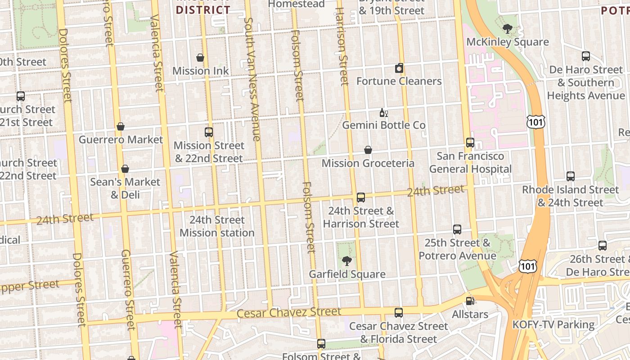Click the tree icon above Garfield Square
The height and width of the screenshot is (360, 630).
(346, 261)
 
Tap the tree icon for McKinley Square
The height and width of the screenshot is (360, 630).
(508, 29)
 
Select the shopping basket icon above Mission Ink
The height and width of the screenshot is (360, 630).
(200, 58)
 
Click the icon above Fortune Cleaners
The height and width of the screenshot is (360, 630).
(399, 68)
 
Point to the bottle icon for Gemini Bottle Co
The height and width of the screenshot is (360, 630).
(383, 112)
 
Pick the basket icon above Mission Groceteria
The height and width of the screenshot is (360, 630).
(368, 150)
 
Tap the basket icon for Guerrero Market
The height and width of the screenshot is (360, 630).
(120, 127)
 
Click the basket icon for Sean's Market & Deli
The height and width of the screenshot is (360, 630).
(125, 169)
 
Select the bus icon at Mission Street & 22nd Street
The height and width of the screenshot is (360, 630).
(208, 132)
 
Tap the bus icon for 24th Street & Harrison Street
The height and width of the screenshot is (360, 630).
(360, 198)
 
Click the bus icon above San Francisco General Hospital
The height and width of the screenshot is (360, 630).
(470, 143)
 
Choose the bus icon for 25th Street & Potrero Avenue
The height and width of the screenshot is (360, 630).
(457, 229)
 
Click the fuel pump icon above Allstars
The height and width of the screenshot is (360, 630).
(470, 301)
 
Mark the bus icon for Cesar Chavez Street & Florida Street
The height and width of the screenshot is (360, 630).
(398, 313)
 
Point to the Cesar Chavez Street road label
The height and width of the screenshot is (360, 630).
(288, 312)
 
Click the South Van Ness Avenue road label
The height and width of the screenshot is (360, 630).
(252, 79)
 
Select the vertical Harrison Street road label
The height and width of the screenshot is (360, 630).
(342, 46)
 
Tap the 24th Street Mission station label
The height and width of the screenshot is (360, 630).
(217, 226)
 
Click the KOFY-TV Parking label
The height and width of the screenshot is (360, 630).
(553, 324)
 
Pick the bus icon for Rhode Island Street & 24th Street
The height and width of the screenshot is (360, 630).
(570, 176)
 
